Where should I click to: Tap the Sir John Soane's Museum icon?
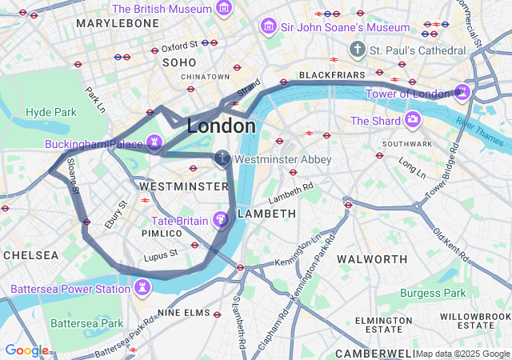(268, 27)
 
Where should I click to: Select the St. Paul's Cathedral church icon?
(358, 50)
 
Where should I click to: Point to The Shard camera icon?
(413, 121)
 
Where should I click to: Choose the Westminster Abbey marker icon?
(222, 159)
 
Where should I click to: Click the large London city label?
(222, 126)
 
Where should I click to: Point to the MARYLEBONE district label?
(118, 23)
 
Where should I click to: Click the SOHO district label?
(178, 62)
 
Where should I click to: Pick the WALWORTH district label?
(372, 259)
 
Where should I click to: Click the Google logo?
(26, 350)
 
